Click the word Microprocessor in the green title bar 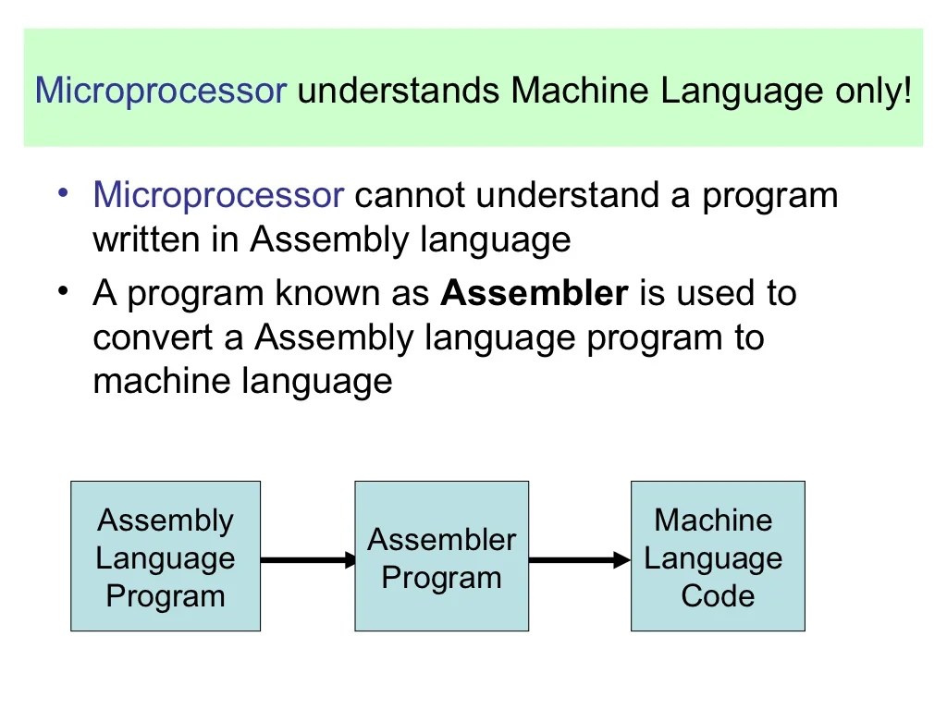coord(161,92)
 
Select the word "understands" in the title coord(400,92)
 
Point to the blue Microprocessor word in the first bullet coord(219,196)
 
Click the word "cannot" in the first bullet coord(409,196)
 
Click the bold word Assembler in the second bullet coord(535,294)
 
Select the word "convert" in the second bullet coord(153,338)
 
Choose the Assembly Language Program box coord(166,557)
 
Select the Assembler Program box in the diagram coord(441,557)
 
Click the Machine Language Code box coord(718,557)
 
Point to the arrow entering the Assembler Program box coord(308,559)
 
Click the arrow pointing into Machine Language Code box coord(580,559)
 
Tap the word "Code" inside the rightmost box coord(718,596)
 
